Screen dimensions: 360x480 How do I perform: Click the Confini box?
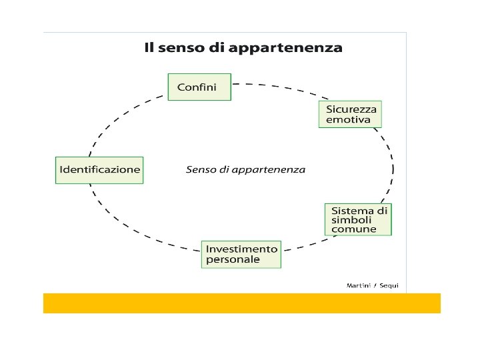pos(199,87)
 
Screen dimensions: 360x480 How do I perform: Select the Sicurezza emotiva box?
pos(350,114)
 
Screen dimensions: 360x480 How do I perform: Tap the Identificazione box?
pos(99,169)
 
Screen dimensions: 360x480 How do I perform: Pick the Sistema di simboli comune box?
pos(359,219)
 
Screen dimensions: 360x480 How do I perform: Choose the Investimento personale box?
pos(241,254)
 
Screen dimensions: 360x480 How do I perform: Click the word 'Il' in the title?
pos(151,48)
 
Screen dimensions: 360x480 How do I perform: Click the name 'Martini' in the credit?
pos(359,285)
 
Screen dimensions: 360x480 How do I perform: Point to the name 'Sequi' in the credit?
pos(389,285)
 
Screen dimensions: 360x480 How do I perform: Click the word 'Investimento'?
pos(241,249)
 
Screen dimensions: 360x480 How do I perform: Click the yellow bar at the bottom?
pos(241,303)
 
